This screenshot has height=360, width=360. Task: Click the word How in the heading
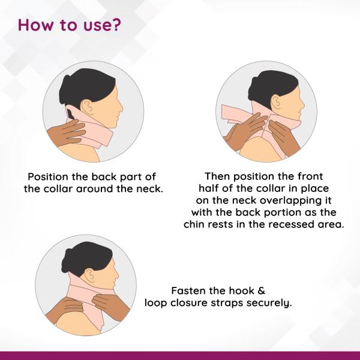point(35,25)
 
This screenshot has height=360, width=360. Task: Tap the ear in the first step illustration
point(87,107)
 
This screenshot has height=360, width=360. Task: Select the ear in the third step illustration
point(89,275)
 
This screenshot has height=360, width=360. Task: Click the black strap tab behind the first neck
point(71,114)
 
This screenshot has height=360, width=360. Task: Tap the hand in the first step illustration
point(66,133)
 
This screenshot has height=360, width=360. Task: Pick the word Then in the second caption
point(217,176)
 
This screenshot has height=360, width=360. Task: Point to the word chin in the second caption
point(192,224)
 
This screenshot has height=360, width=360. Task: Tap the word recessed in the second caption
point(291,224)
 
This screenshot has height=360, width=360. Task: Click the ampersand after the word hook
point(261,291)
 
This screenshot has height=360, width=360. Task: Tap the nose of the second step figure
point(304,104)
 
